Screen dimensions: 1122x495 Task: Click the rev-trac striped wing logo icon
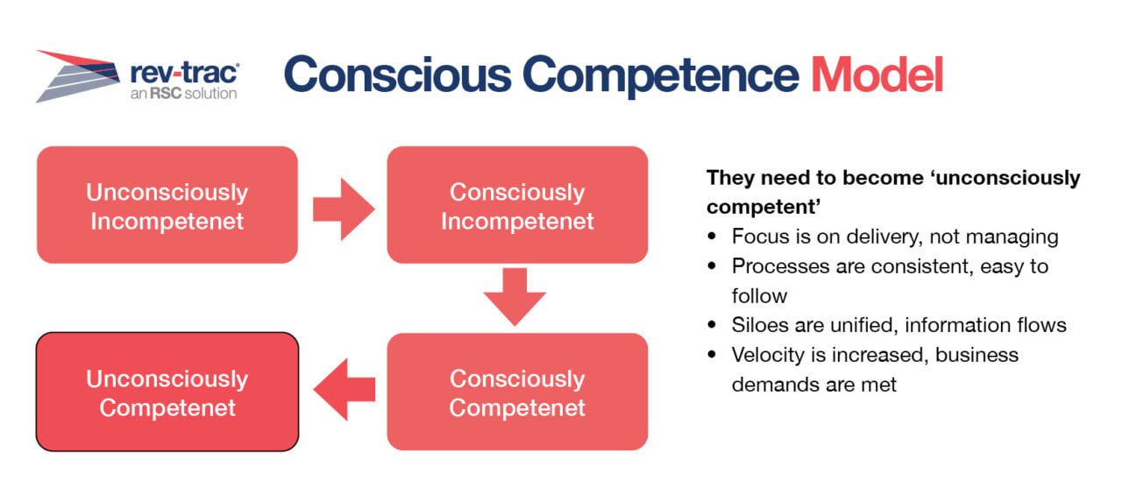[x=78, y=76]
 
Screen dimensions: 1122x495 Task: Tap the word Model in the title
[x=877, y=75]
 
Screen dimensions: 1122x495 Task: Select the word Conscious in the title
[x=398, y=75]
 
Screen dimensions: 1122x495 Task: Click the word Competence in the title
[x=661, y=76]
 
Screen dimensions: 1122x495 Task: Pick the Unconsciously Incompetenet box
[x=167, y=205]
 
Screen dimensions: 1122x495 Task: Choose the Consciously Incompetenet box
[x=517, y=205]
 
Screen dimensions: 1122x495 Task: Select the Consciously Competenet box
[x=517, y=392]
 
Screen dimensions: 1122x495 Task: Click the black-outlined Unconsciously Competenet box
[x=167, y=392]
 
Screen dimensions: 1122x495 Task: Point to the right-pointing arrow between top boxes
[x=344, y=209]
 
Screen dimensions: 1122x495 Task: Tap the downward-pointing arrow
[x=515, y=297]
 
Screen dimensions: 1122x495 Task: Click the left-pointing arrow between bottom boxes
[x=344, y=389]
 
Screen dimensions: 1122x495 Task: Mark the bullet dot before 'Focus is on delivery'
[x=712, y=237]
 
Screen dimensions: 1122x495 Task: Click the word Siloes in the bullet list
[x=760, y=325]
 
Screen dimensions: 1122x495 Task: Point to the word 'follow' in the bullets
[x=759, y=296]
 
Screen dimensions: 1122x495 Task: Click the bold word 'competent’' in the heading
[x=763, y=208]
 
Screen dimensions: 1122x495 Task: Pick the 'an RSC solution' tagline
[x=183, y=94]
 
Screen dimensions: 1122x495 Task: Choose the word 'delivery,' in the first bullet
[x=884, y=237]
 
